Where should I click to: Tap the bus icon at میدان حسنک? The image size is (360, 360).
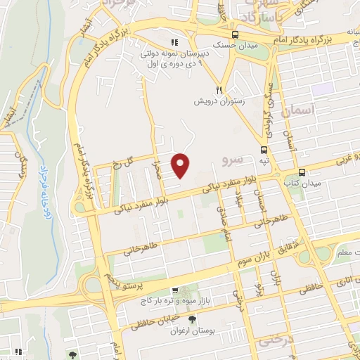234,34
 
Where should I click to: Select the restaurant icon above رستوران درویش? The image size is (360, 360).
219,90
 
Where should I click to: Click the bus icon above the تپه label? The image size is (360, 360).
264,149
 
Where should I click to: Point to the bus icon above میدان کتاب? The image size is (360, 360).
302,172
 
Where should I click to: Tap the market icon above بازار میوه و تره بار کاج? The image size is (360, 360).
175,290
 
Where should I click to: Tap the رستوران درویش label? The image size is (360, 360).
219,101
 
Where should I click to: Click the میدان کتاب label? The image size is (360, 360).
302,184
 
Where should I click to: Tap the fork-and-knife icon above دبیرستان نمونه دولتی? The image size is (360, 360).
173,41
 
